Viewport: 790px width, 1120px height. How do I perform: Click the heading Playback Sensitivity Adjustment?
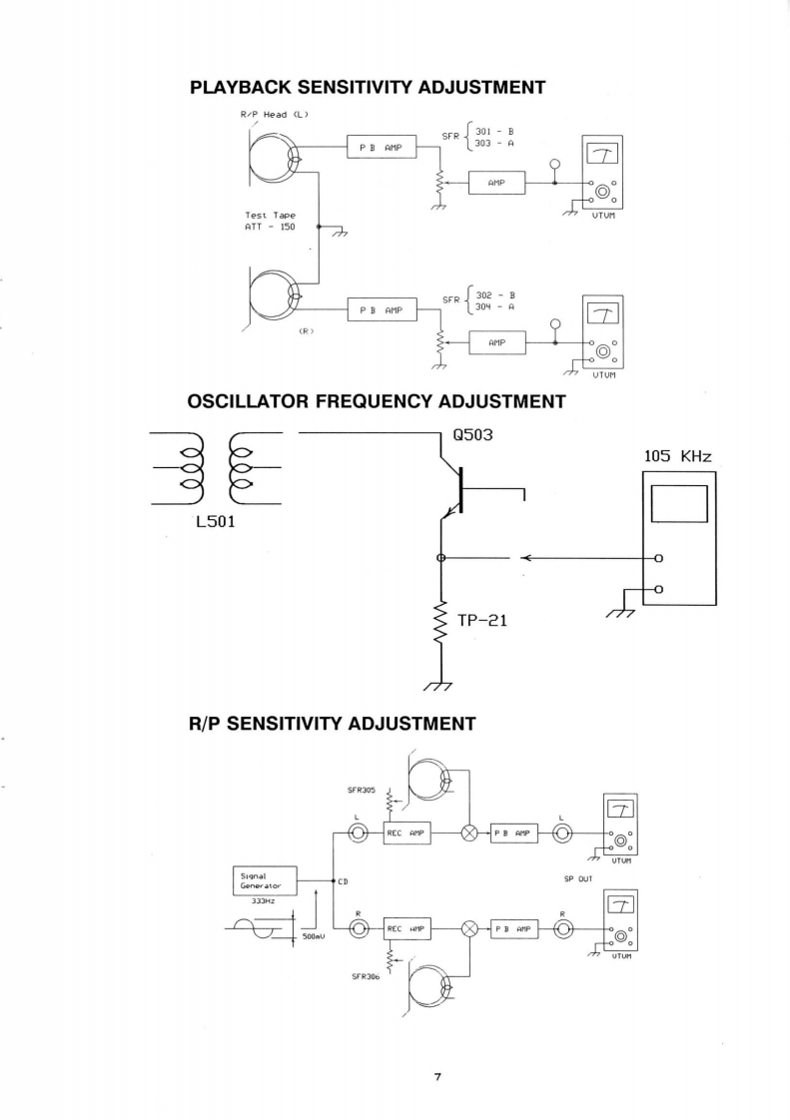(368, 88)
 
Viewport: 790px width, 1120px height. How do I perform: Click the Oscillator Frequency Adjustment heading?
(377, 402)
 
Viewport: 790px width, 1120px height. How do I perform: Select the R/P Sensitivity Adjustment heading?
(331, 722)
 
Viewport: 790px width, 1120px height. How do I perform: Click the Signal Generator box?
(262, 880)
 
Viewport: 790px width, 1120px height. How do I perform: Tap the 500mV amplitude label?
(314, 938)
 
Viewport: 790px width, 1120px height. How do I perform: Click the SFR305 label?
(362, 790)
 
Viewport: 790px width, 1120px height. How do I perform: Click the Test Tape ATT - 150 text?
(267, 221)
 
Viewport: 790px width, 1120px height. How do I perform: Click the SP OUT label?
(578, 879)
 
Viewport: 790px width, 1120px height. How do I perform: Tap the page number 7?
(437, 1076)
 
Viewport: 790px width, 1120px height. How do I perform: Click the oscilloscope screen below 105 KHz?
(679, 504)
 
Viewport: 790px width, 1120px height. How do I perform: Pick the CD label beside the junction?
(343, 881)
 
